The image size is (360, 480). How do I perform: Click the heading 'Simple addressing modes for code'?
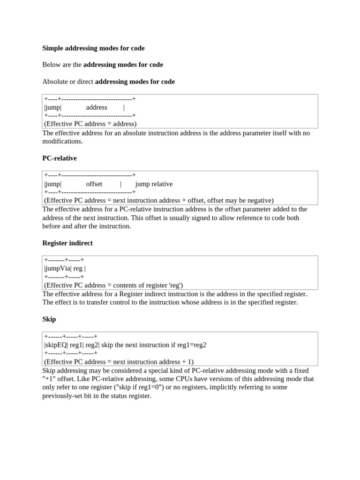point(93,48)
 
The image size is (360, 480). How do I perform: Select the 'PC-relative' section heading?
point(60,158)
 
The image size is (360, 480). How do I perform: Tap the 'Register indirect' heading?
point(67,243)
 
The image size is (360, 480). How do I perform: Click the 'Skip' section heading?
point(49,319)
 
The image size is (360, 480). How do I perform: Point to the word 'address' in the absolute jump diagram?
point(97,107)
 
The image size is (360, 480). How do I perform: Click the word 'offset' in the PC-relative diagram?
point(94,184)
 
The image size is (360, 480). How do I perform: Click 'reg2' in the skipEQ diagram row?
point(92,345)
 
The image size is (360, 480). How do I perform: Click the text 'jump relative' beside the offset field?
point(154,184)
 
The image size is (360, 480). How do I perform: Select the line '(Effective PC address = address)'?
point(90,124)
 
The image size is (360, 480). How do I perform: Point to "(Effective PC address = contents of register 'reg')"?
point(113,285)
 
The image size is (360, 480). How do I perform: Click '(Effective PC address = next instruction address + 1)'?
point(119,362)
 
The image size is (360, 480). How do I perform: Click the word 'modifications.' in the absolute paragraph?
point(62,142)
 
